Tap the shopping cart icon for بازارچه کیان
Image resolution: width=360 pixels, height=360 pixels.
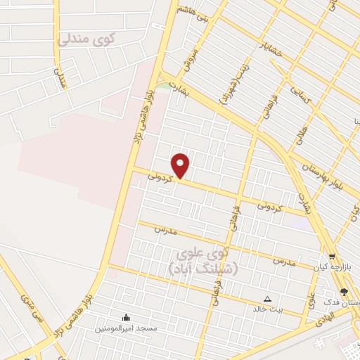point(332,257)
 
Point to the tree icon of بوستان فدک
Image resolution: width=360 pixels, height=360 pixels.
point(344,292)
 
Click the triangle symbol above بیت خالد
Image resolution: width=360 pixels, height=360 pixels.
point(267,297)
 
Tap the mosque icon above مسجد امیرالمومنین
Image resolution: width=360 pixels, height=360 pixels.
point(126,317)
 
